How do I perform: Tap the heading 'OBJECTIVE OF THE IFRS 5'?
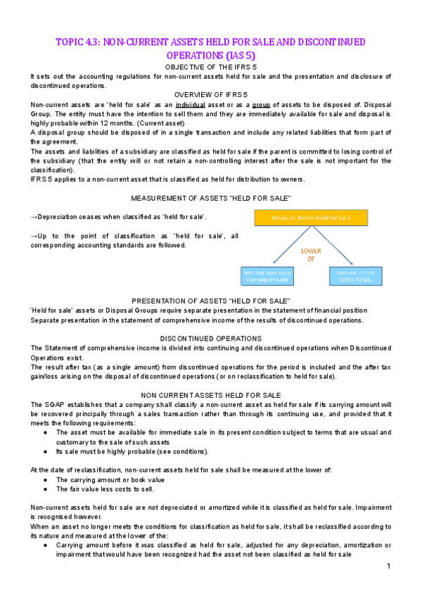pyautogui.click(x=211, y=66)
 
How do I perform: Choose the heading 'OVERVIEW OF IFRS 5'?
pyautogui.click(x=211, y=94)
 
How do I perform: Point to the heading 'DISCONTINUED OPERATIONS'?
pyautogui.click(x=211, y=338)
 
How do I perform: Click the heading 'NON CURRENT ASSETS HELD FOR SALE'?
pyautogui.click(x=211, y=395)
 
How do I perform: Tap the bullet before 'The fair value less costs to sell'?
pyautogui.click(x=45, y=489)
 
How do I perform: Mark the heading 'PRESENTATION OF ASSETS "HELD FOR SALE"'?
pyautogui.click(x=211, y=301)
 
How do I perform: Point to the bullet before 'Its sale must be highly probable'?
pyautogui.click(x=45, y=451)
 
